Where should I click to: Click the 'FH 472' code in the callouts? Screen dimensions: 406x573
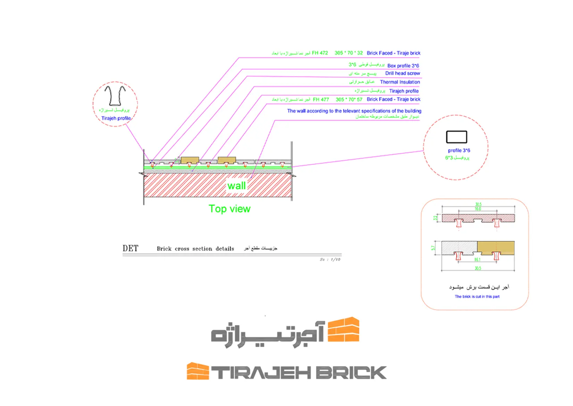pyautogui.click(x=320, y=53)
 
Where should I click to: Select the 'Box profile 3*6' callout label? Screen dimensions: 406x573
pyautogui.click(x=403, y=66)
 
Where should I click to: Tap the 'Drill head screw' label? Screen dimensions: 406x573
pyautogui.click(x=402, y=73)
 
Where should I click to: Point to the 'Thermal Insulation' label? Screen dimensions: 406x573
pyautogui.click(x=400, y=82)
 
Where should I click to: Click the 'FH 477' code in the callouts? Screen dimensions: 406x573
pyautogui.click(x=321, y=99)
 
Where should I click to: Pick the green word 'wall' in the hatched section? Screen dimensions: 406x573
pyautogui.click(x=236, y=186)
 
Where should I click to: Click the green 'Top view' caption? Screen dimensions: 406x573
pyautogui.click(x=229, y=209)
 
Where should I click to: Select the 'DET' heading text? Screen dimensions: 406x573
pyautogui.click(x=130, y=248)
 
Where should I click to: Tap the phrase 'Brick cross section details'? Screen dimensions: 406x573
pyautogui.click(x=195, y=249)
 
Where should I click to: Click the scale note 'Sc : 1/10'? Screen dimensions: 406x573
pyautogui.click(x=330, y=259)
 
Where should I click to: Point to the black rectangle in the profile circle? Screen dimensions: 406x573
pyautogui.click(x=456, y=137)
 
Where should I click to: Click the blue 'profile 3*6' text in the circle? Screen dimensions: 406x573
pyautogui.click(x=459, y=151)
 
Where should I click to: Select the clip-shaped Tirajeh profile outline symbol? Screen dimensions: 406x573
pyautogui.click(x=115, y=96)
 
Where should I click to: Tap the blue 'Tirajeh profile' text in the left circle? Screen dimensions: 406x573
pyautogui.click(x=116, y=118)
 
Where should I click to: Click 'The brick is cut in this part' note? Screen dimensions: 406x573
pyautogui.click(x=477, y=297)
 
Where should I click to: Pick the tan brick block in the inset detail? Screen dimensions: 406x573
pyautogui.click(x=496, y=247)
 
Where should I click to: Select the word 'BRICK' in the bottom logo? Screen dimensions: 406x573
pyautogui.click(x=351, y=373)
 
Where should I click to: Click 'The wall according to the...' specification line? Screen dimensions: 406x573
pyautogui.click(x=354, y=111)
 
